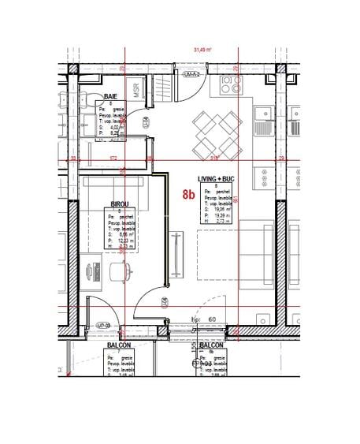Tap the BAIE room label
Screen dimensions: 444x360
(112, 97)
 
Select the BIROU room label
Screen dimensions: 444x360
(119, 203)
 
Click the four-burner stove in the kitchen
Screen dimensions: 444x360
(232, 83)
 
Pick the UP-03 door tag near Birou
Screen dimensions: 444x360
(102, 325)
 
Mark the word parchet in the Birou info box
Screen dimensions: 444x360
(128, 216)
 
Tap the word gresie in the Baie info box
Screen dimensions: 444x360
(121, 110)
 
